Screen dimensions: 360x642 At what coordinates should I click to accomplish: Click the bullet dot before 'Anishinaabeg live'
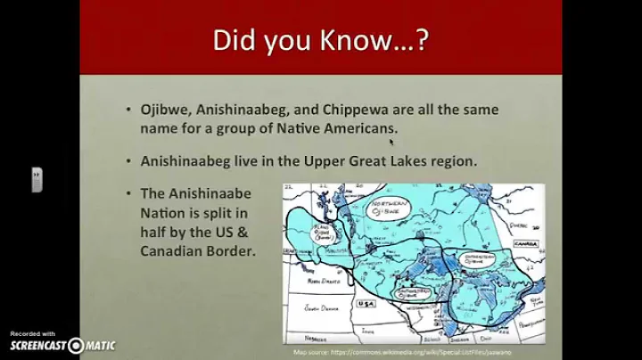[130, 162]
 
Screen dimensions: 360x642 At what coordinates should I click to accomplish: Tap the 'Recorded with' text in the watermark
[33, 332]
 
